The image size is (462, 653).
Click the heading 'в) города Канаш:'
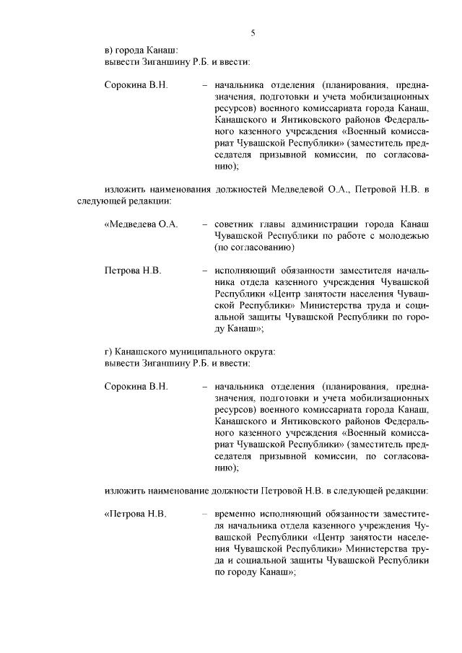coord(136,50)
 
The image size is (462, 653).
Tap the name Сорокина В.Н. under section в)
coord(136,85)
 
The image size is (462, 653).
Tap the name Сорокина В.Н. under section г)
coord(136,387)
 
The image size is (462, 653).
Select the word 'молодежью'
coord(406,236)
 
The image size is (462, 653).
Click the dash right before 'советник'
coord(206,224)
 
